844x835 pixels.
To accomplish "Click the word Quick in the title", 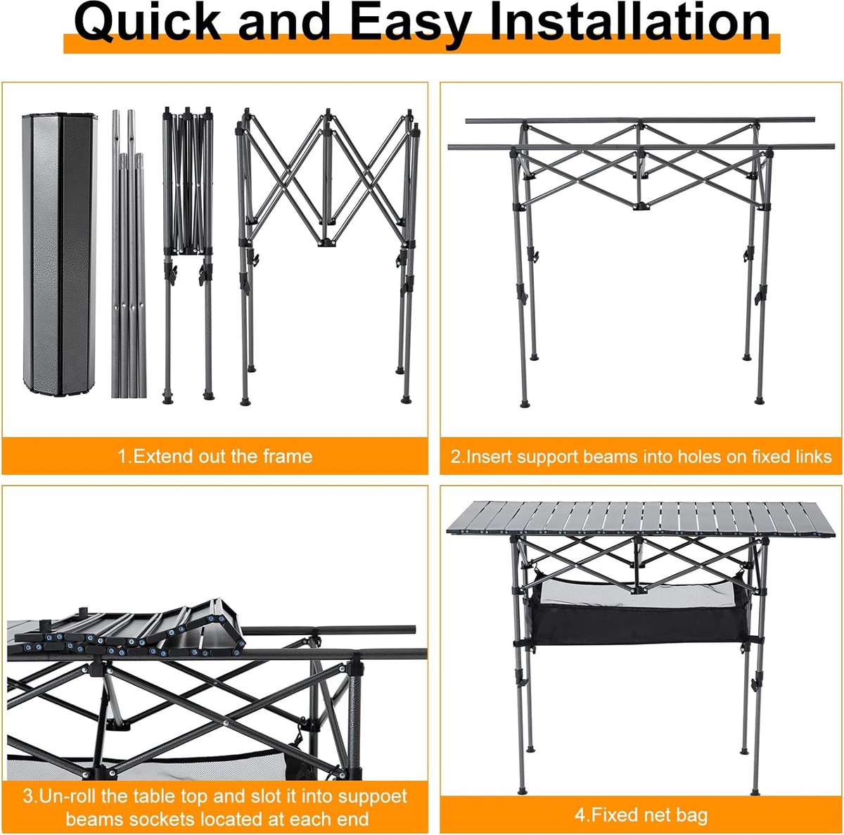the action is (147, 23).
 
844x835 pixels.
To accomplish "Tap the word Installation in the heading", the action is (629, 21).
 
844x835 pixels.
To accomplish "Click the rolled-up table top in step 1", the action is (60, 255).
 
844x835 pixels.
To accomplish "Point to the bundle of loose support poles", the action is (128, 254).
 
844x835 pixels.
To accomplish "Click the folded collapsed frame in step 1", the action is (188, 255).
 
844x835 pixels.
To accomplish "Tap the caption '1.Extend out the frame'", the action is (215, 457).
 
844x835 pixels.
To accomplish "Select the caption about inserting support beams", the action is (641, 457).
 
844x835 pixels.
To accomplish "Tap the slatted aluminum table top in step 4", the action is (641, 520).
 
